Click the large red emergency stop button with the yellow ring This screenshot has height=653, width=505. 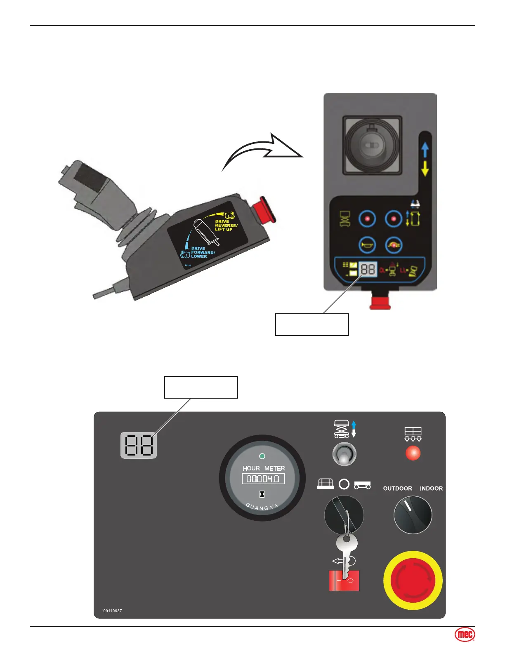click(x=413, y=580)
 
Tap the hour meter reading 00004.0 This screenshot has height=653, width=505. click(x=263, y=479)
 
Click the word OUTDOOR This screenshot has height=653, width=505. click(x=397, y=489)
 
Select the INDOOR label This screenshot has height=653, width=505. click(x=431, y=489)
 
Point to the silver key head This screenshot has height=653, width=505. click(x=347, y=543)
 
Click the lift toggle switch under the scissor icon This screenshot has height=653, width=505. click(x=344, y=454)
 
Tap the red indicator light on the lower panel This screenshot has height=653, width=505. click(x=413, y=453)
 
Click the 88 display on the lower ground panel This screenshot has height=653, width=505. click(x=139, y=445)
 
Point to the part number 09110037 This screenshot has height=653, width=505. click(x=113, y=611)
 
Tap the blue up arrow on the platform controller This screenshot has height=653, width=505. click(x=425, y=150)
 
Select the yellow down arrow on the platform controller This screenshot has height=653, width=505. click(x=425, y=168)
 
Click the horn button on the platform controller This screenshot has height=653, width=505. click(x=367, y=245)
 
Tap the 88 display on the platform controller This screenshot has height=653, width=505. click(x=368, y=270)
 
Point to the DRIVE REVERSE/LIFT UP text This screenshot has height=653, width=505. click(x=226, y=225)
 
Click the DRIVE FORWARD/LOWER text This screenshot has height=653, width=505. click(x=202, y=252)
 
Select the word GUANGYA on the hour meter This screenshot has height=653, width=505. click(x=262, y=507)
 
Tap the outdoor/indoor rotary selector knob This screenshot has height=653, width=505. click(x=413, y=515)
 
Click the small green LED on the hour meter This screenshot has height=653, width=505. click(x=262, y=456)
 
